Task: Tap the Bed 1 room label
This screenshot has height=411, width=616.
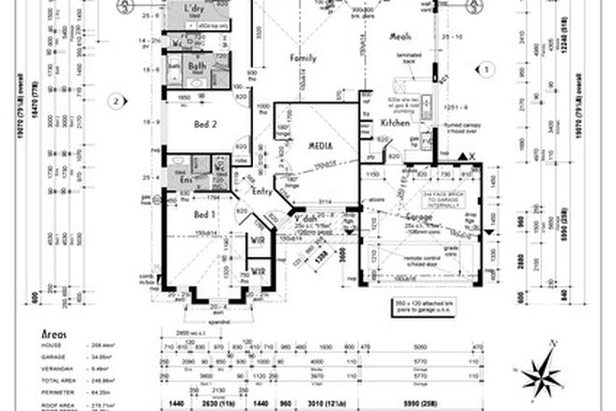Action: pos(205,214)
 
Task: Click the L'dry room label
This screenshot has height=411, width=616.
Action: pos(194,9)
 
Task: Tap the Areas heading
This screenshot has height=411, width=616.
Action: pos(58,333)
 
